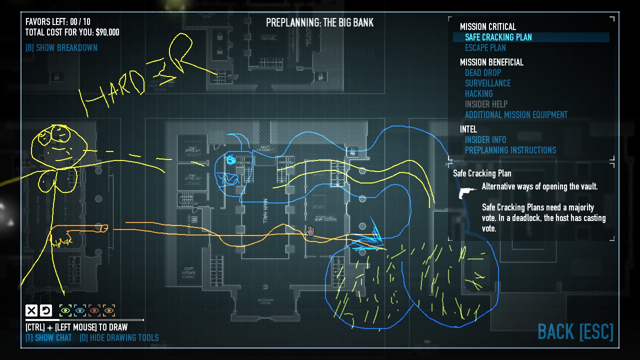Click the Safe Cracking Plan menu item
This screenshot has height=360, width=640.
pyautogui.click(x=498, y=37)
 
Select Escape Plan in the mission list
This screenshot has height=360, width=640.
pyautogui.click(x=485, y=47)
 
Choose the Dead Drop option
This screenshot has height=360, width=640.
pyautogui.click(x=482, y=72)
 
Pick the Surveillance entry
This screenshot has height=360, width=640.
pyautogui.click(x=487, y=83)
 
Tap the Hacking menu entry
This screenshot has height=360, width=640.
pyautogui.click(x=478, y=93)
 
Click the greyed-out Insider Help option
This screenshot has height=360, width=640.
pyautogui.click(x=486, y=104)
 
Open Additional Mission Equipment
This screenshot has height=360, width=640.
pyautogui.click(x=516, y=114)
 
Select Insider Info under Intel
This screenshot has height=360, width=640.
pyautogui.click(x=485, y=139)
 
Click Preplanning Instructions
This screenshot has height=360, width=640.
pyautogui.click(x=510, y=150)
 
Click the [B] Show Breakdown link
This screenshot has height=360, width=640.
pyautogui.click(x=61, y=47)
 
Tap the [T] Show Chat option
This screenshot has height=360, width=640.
pyautogui.click(x=48, y=337)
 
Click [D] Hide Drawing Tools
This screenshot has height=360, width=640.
pyautogui.click(x=119, y=337)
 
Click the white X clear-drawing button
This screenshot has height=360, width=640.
pyautogui.click(x=31, y=311)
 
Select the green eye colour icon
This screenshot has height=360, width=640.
pyautogui.click(x=65, y=311)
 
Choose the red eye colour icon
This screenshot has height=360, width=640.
pyautogui.click(x=94, y=311)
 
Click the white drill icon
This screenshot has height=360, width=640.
pyautogui.click(x=468, y=192)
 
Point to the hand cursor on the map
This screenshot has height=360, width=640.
pyautogui.click(x=310, y=230)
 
